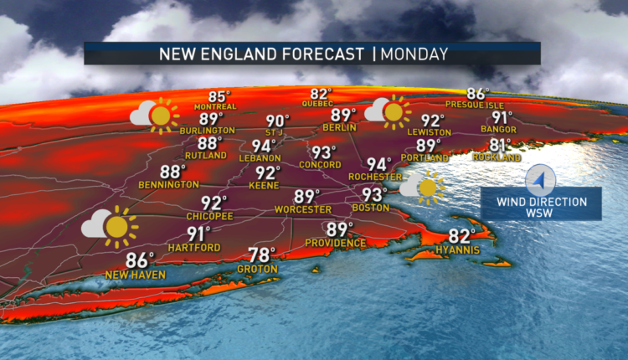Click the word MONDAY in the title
[414, 54]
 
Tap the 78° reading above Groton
[262, 255]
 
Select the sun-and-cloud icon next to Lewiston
[388, 112]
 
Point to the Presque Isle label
[478, 105]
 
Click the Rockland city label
[497, 157]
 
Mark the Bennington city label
[171, 184]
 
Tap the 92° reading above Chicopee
[214, 203]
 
